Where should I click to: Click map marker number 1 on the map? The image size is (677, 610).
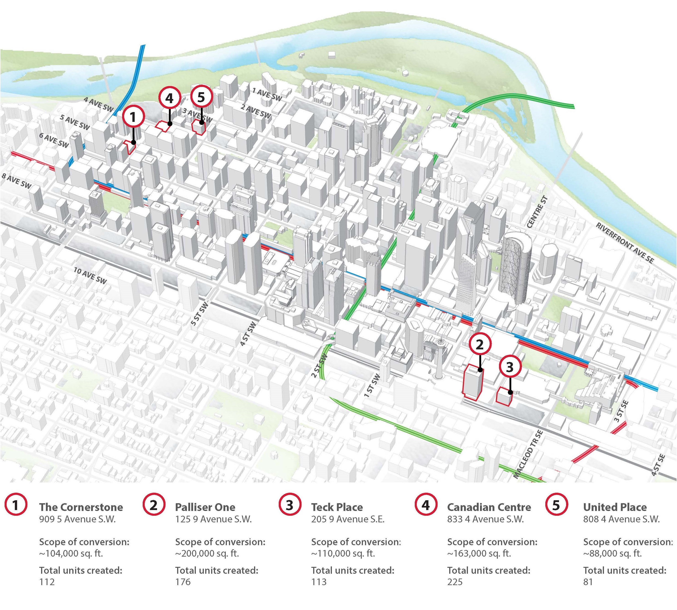[133, 117]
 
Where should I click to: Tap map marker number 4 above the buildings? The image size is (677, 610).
[170, 99]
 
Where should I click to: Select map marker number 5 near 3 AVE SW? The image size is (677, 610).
[201, 97]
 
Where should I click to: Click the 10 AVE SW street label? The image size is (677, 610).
[90, 276]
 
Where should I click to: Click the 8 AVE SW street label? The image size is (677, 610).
[17, 181]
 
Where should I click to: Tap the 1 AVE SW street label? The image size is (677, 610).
[267, 94]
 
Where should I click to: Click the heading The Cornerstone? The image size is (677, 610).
[81, 507]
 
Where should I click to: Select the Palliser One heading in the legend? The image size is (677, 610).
[205, 507]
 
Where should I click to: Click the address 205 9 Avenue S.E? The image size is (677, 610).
[348, 519]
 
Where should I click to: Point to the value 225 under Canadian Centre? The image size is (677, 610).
[455, 581]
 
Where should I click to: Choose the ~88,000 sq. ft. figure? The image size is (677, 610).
[612, 553]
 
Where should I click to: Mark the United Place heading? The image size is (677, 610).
[615, 507]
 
